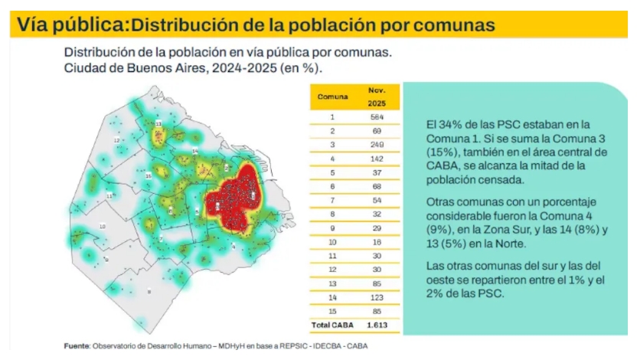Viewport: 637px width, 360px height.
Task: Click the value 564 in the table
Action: [x=376, y=117]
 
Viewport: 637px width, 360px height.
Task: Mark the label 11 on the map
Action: [x=109, y=195]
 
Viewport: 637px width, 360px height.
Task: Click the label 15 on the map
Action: [x=148, y=175]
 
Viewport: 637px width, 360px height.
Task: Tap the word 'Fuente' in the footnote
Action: [x=77, y=346]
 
